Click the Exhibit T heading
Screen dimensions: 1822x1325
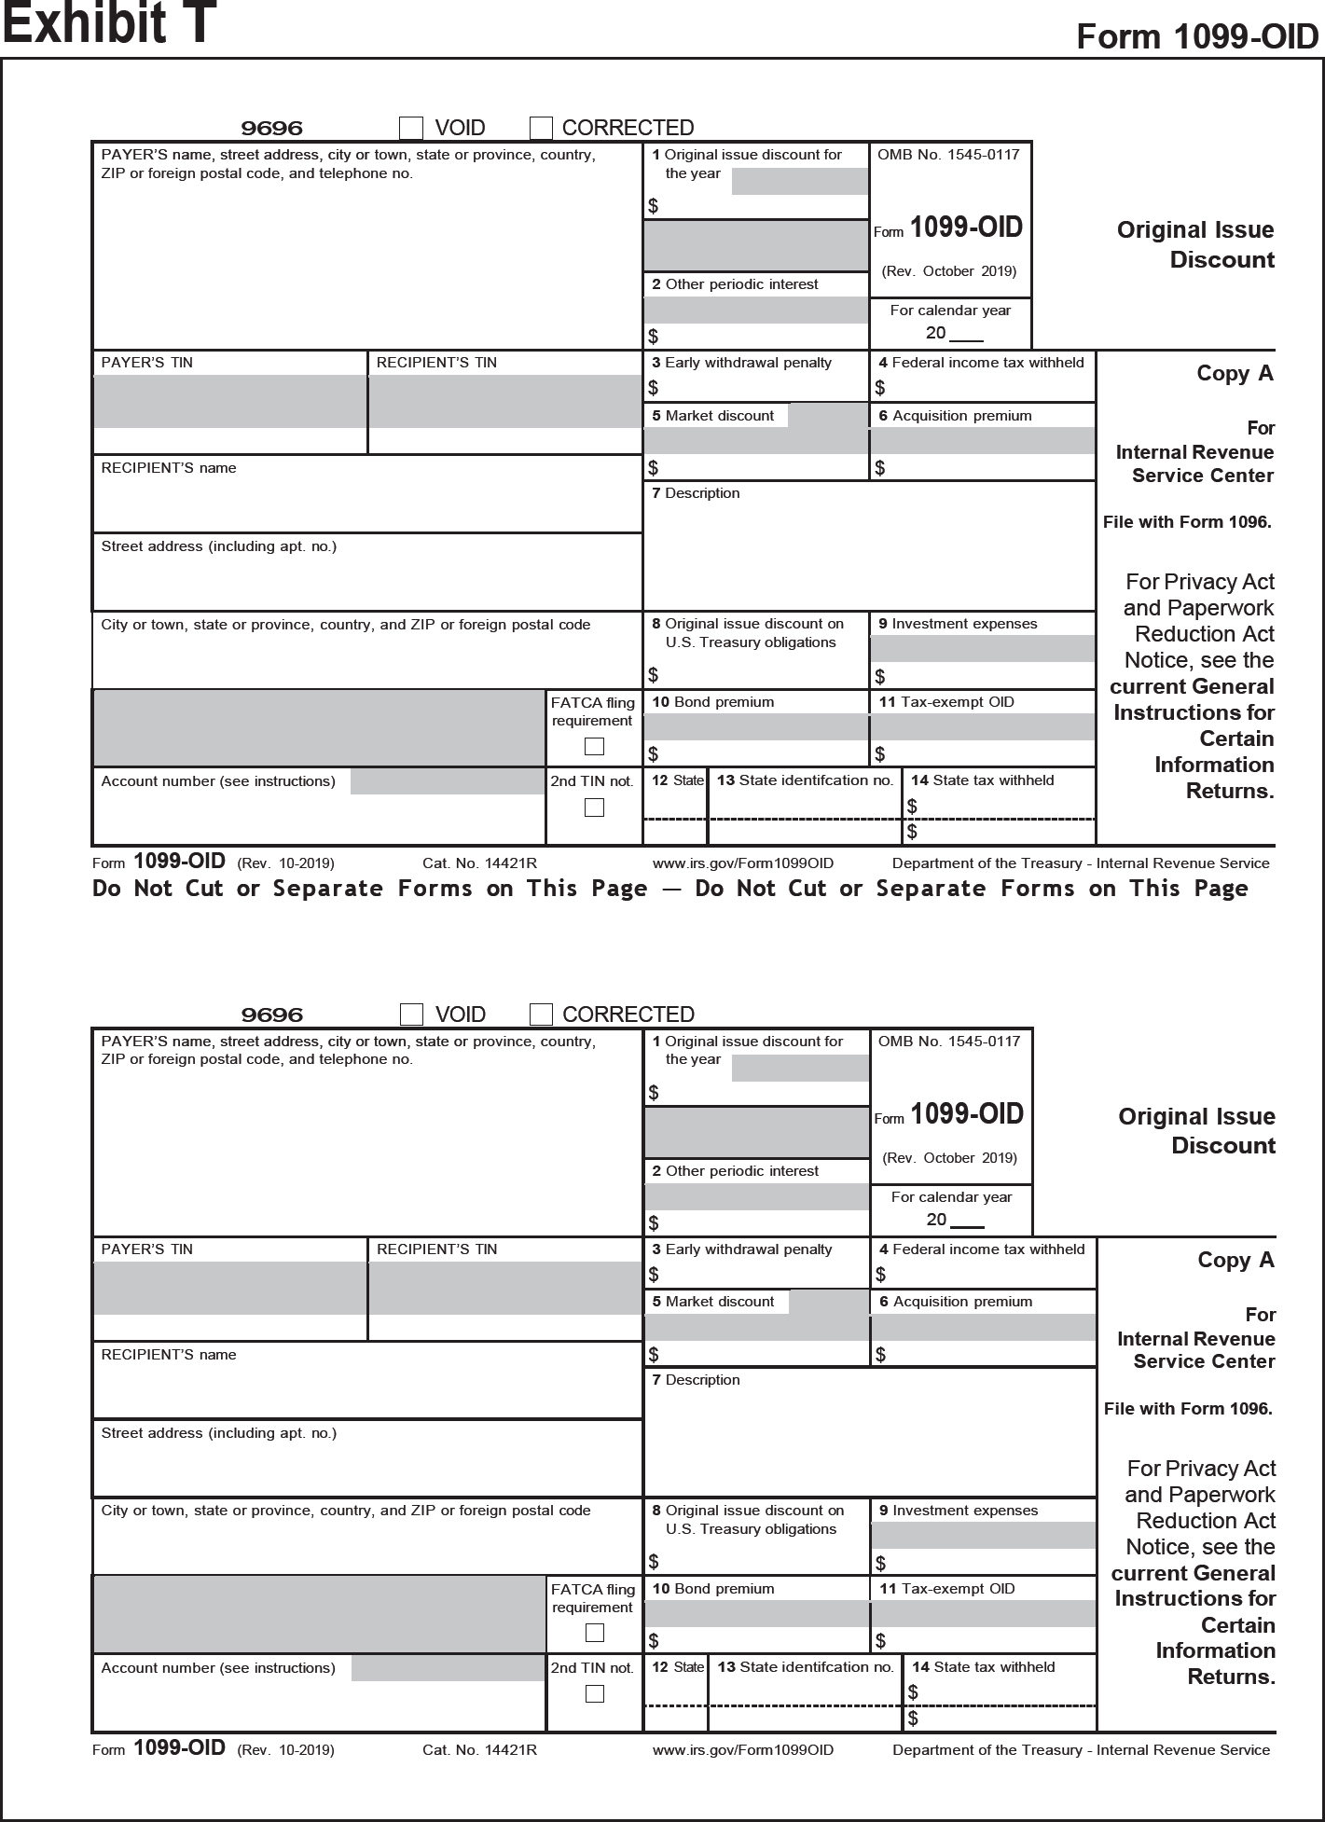point(109,23)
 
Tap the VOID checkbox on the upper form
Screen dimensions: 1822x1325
point(411,128)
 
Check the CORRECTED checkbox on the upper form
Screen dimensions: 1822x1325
point(541,128)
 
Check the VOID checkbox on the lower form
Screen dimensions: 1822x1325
point(411,1015)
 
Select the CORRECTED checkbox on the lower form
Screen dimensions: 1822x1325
point(541,1015)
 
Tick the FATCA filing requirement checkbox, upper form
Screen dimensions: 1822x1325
point(594,747)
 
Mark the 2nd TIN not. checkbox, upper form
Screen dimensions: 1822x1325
point(594,807)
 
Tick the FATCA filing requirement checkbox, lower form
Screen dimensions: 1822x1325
point(594,1633)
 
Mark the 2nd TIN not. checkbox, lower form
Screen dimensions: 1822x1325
point(594,1694)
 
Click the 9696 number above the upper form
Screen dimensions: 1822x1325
point(272,129)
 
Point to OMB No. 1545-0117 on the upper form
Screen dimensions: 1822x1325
point(948,155)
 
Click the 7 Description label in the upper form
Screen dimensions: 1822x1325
point(696,493)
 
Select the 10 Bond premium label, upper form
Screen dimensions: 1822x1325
point(713,702)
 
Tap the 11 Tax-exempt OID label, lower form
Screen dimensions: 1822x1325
point(946,1589)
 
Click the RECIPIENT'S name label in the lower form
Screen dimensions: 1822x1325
point(169,1355)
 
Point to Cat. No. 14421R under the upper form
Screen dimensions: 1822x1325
point(479,863)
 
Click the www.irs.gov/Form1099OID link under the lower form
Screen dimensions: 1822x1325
point(743,1750)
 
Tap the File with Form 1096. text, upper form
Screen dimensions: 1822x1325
point(1187,522)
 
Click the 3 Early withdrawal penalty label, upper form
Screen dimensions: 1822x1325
point(741,363)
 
